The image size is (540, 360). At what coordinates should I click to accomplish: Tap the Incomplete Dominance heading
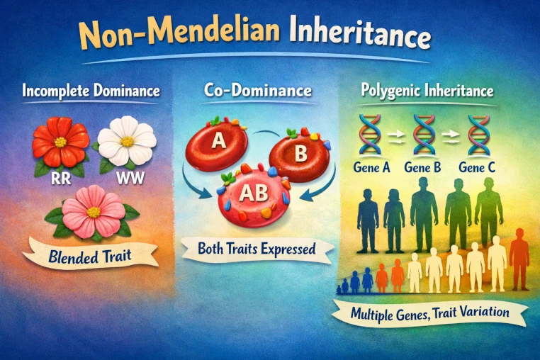(91, 91)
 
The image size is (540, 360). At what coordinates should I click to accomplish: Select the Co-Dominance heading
(258, 90)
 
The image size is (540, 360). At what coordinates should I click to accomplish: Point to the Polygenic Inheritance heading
(427, 91)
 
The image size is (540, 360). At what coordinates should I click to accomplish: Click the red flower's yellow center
(61, 142)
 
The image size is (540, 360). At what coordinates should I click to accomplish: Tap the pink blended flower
(93, 212)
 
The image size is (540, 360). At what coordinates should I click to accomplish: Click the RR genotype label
(61, 179)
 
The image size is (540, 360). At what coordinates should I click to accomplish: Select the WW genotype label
(130, 178)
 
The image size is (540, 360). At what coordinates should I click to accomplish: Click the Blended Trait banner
(90, 255)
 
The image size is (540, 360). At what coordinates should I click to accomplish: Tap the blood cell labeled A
(217, 142)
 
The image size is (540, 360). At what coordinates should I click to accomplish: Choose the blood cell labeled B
(299, 154)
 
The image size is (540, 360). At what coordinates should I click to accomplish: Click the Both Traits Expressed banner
(257, 249)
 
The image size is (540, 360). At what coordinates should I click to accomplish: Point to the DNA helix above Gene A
(370, 135)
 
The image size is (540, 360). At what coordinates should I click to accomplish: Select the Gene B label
(422, 167)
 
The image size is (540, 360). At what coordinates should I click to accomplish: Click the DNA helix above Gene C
(478, 135)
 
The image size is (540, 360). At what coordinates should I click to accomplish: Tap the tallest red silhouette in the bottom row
(519, 259)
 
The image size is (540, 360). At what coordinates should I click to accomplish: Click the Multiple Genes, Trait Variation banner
(429, 313)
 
